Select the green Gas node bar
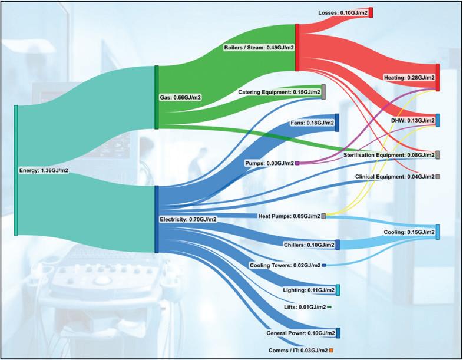point(157,97)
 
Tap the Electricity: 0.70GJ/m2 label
point(188,219)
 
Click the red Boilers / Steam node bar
point(297,48)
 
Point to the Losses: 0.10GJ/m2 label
point(342,12)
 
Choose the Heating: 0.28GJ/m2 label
point(409,77)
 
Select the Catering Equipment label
point(279,92)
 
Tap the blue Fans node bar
point(337,123)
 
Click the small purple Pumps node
point(297,163)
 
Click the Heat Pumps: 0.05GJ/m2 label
point(289,216)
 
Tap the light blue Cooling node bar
point(438,232)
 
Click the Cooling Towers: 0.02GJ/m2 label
point(285,266)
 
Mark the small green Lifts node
point(329,307)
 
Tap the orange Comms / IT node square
point(331,351)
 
